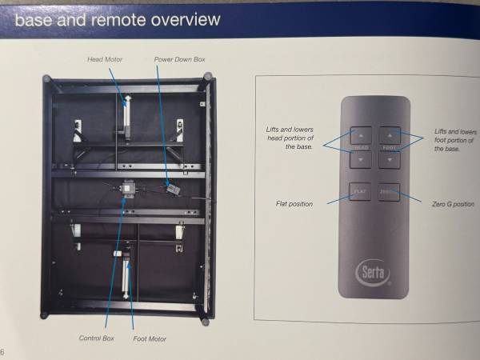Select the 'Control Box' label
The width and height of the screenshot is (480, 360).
coord(96,338)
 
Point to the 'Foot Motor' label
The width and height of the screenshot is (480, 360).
coord(150,338)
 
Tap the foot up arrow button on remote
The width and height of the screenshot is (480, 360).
coord(389,134)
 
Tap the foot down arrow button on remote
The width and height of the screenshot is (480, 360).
coord(389,160)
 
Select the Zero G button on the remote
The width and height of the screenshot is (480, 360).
coord(389,192)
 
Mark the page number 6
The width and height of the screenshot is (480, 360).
coord(3,352)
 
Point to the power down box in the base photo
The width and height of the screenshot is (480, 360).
coord(170,189)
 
